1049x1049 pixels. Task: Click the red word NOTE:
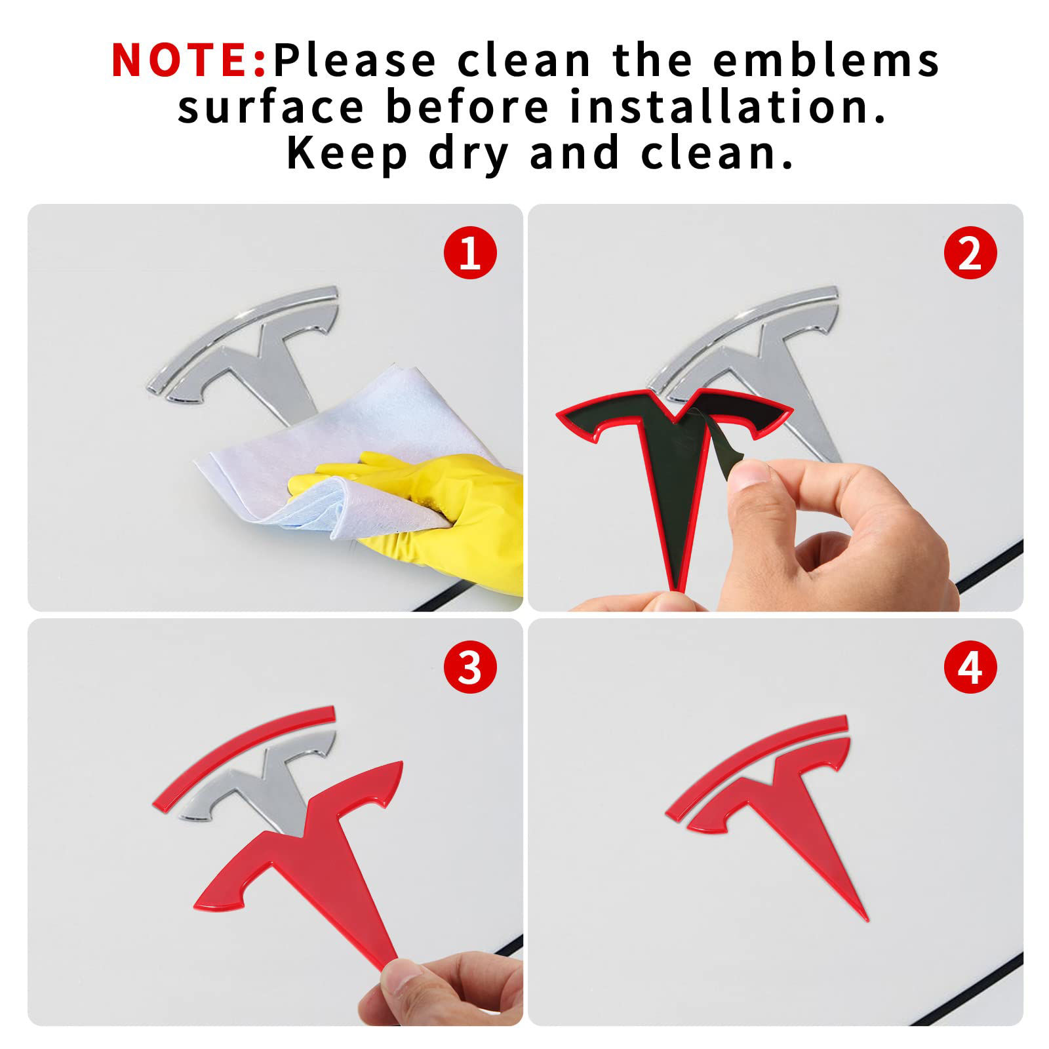click(189, 60)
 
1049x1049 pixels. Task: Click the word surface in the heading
click(270, 108)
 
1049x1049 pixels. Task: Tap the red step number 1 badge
click(470, 253)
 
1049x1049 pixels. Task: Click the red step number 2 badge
click(970, 253)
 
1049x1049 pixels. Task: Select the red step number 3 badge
click(470, 668)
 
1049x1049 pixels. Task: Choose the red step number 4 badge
click(970, 668)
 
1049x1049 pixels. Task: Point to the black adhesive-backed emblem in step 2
click(675, 472)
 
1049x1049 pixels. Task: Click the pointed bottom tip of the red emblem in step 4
click(867, 919)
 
